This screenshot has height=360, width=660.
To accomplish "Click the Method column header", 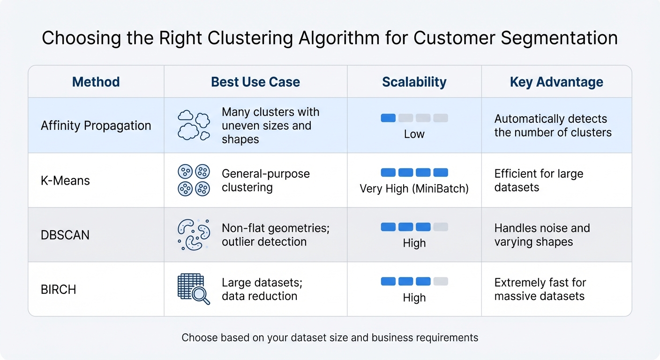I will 96,82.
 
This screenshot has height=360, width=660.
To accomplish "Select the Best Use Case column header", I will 255,82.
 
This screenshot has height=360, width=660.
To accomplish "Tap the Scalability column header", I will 414,82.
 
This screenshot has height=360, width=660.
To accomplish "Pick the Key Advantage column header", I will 556,82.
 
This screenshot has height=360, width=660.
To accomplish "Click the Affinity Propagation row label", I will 96,126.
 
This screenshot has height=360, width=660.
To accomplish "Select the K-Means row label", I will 65,180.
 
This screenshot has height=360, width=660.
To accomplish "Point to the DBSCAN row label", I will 65,235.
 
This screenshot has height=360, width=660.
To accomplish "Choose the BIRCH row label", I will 58,289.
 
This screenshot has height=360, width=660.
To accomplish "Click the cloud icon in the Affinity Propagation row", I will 194,126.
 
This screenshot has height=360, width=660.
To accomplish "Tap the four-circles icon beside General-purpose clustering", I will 194,180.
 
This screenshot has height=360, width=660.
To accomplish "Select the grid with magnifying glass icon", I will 194,289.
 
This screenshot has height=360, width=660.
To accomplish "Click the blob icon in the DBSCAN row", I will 194,235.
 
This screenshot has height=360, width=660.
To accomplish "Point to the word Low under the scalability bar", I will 414,134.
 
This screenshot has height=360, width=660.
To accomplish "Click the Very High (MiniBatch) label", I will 414,188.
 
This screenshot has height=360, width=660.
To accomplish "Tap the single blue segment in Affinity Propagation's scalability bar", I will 388,118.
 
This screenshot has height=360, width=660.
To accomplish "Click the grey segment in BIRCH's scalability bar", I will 441,281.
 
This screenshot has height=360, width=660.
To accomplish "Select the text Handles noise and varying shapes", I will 542,235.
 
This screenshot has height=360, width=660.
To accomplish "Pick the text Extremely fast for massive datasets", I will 540,289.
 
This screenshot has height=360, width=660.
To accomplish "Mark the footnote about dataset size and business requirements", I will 330,337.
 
